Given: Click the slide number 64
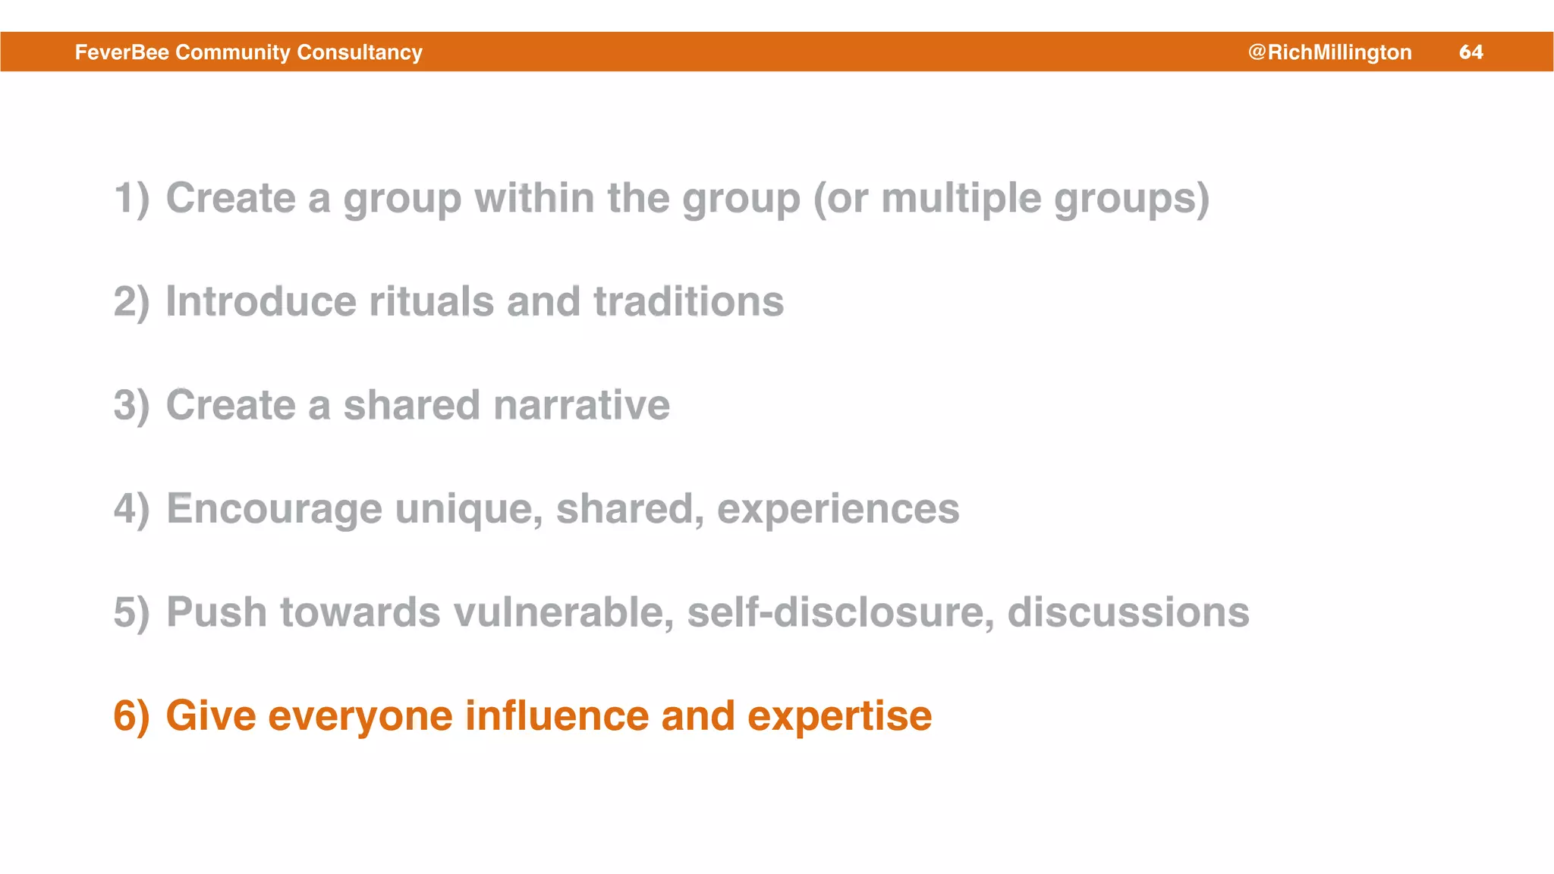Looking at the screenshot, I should click(1471, 52).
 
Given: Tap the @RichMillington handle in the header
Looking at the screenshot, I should click(1329, 52).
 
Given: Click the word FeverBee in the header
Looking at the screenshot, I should click(122, 52).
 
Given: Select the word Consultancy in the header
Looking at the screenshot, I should click(360, 52).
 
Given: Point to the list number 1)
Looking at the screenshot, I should click(131, 199).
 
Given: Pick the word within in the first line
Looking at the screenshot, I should click(534, 199).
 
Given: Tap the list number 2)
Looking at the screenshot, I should click(131, 302).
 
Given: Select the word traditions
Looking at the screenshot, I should click(688, 302).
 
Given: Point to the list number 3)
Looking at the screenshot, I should click(131, 405).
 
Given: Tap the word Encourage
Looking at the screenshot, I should click(274, 509).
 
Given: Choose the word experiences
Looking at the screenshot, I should click(838, 509).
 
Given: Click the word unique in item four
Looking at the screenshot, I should click(469, 509).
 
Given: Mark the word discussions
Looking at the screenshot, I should click(1128, 612).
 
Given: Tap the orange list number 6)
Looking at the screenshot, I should click(131, 716).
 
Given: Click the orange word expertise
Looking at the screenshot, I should click(839, 716).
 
